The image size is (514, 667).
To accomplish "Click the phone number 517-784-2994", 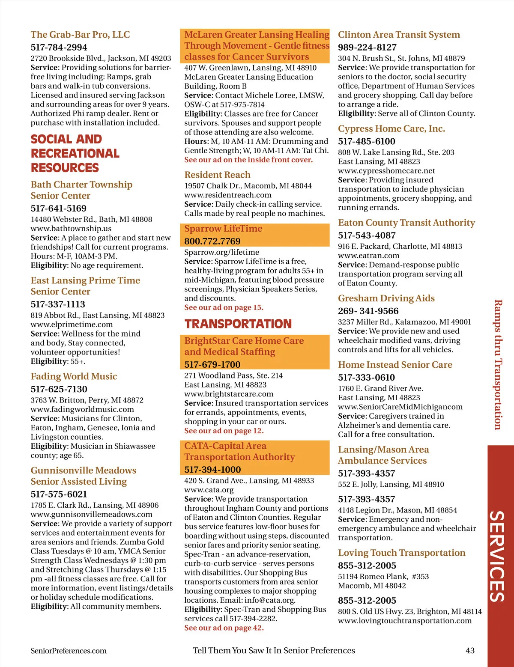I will click(59, 48).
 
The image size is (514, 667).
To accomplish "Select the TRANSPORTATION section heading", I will click(238, 324).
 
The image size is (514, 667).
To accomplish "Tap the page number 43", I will click(470, 650).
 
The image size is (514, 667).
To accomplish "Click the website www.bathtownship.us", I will click(71, 229).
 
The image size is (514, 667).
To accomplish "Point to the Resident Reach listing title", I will click(217, 175).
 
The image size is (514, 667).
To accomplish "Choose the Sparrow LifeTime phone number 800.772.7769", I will click(212, 241).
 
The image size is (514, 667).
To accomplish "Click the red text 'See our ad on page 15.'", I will click(224, 307).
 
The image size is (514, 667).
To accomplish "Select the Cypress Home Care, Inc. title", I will click(391, 128).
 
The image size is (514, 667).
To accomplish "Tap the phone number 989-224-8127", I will click(367, 48).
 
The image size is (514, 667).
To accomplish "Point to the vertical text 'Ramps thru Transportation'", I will click(498, 364).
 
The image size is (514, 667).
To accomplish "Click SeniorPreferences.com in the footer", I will click(69, 651).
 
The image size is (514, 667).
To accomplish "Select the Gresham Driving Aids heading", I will click(386, 298).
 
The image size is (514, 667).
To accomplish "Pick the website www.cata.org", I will click(209, 490).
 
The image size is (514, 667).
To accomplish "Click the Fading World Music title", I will click(74, 376).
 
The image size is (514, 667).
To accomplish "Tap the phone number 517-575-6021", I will click(59, 494).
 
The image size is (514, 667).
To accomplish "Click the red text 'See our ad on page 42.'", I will click(224, 628).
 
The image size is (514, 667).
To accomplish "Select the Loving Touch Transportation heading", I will click(401, 553).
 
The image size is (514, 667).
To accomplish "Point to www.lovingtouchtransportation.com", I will click(404, 621).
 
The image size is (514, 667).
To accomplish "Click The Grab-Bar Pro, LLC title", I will click(80, 35).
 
